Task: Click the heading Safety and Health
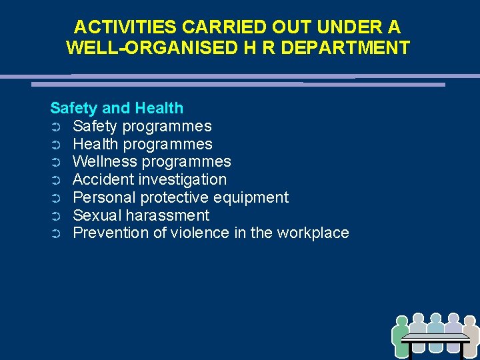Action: (117, 108)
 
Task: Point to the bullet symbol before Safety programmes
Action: (55, 127)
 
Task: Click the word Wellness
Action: (103, 162)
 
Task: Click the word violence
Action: (199, 233)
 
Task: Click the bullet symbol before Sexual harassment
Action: (55, 216)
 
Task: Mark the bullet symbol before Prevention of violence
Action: (55, 234)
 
